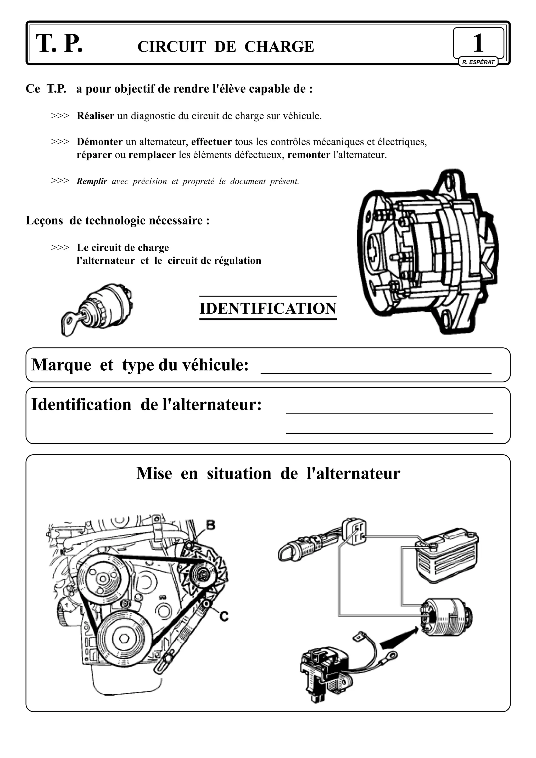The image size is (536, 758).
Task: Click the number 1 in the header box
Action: [x=478, y=43]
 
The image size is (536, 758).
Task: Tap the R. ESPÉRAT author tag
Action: [x=478, y=62]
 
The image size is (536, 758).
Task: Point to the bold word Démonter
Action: [x=99, y=142]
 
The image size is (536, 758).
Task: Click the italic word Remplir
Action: [x=92, y=181]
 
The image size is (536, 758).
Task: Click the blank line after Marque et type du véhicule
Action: [x=376, y=370]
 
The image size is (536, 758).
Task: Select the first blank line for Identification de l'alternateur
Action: [x=389, y=410]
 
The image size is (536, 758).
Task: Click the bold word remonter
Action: [x=309, y=155]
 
